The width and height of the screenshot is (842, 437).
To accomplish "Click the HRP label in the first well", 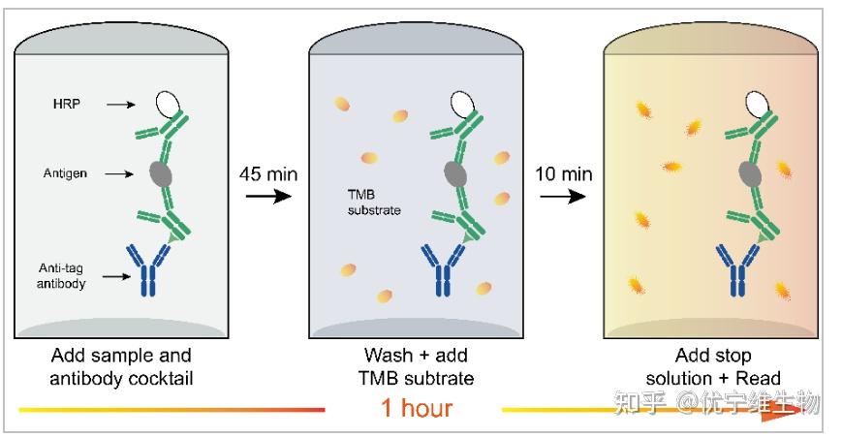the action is pyautogui.click(x=67, y=104).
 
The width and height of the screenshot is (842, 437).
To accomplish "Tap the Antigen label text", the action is pyautogui.click(x=65, y=173).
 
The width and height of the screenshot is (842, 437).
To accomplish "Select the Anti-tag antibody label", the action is pyautogui.click(x=61, y=275).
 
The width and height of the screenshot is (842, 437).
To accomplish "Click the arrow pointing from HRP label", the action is pyautogui.click(x=121, y=105).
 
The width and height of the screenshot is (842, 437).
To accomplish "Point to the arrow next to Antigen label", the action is pyautogui.click(x=119, y=174).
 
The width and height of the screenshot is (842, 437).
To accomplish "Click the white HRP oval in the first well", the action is pyautogui.click(x=168, y=104).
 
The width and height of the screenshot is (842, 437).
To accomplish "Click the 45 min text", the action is pyautogui.click(x=268, y=174).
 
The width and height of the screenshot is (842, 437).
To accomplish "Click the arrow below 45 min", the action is pyautogui.click(x=268, y=196).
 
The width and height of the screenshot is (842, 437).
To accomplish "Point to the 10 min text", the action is pyautogui.click(x=563, y=174).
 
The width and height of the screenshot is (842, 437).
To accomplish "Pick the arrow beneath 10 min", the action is pyautogui.click(x=563, y=196).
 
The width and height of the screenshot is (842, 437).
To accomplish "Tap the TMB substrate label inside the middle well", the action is pyautogui.click(x=374, y=203).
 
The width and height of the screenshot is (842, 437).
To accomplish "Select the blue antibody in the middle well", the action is pyautogui.click(x=443, y=270).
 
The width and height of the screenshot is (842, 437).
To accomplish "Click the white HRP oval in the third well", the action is pyautogui.click(x=757, y=104).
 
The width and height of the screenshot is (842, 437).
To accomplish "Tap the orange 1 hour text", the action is pyautogui.click(x=417, y=408).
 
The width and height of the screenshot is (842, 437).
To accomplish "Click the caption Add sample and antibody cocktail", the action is pyautogui.click(x=121, y=366).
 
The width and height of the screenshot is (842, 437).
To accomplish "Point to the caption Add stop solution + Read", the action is pyautogui.click(x=713, y=366).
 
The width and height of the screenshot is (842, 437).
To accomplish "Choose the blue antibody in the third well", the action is pyautogui.click(x=737, y=270).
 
